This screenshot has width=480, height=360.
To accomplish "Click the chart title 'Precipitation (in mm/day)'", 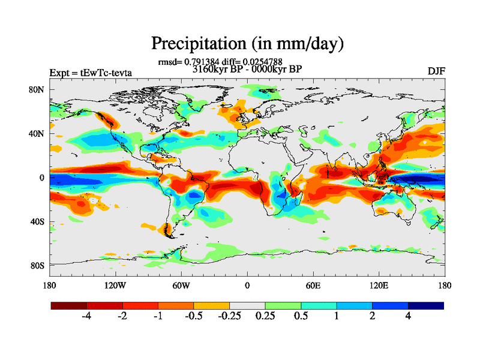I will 247,43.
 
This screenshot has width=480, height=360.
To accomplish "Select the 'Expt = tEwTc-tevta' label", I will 91,73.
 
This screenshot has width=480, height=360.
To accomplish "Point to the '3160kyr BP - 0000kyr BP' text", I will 247,69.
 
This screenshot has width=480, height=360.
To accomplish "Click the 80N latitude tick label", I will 38,90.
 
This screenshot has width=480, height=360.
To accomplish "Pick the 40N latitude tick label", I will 38,134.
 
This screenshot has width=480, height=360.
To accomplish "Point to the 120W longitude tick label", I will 115,285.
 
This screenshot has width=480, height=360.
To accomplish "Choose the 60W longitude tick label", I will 181,285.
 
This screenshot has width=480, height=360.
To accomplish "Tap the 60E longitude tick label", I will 313,285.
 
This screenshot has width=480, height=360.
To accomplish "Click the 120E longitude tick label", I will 379,285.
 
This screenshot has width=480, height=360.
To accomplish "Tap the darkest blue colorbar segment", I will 426,305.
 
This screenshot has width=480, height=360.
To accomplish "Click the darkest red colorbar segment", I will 68,305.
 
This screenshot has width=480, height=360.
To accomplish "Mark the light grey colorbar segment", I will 247,305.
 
